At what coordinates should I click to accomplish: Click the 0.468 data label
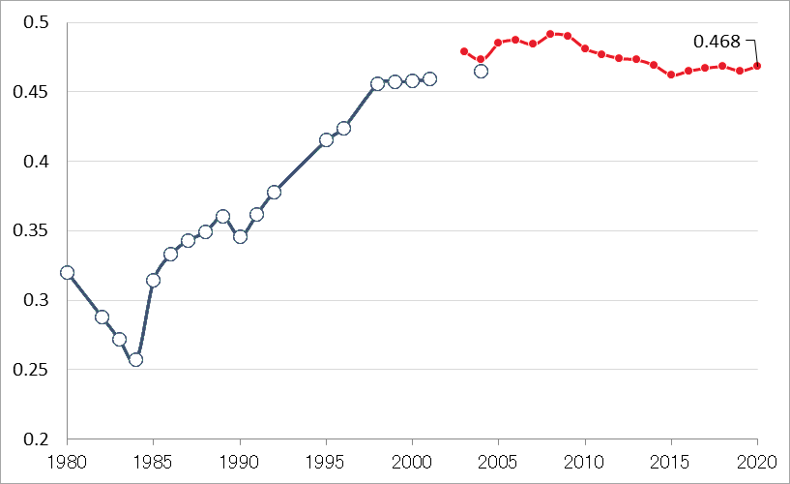717,42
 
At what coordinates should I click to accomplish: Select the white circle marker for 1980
67,272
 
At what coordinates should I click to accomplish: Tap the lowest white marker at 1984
136,359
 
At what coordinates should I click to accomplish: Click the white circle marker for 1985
153,280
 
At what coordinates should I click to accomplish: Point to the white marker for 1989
222,217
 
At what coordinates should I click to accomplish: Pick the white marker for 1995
326,139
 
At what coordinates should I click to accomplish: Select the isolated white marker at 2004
481,71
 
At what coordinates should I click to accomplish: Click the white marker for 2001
429,78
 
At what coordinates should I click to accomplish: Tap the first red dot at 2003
464,51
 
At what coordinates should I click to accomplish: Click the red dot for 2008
550,34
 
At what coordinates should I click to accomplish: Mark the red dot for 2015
671,75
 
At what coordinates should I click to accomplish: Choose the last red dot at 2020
757,66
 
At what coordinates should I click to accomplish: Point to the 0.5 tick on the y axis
40,23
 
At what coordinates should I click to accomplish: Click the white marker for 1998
378,84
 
